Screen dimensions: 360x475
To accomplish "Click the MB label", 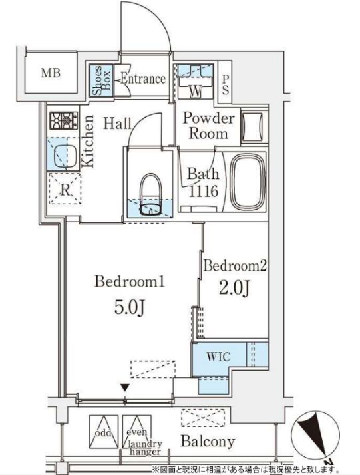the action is pos(51,73).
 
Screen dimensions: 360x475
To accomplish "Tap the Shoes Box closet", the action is pos(102,80).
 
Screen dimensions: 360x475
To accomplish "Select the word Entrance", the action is pos(143,79).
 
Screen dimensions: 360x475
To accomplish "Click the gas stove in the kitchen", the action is pos(64,120).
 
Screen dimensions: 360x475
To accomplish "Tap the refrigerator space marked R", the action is pos(65,189).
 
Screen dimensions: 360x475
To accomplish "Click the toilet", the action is pos(150,194).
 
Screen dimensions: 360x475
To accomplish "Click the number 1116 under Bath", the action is pos(203,191).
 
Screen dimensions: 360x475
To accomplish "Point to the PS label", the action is pos(225,85).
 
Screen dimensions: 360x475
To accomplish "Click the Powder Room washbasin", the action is pos(252,127).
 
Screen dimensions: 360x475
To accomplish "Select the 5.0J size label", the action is pos(130,308).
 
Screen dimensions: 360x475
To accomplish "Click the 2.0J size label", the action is pos(234,288).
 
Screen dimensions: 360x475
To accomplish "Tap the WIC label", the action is pos(218,357).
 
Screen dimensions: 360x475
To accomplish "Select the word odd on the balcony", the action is pos(103,433).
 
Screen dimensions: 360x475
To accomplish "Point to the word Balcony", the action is pos(208,441).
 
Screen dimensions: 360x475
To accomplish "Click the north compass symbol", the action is pos(315,437).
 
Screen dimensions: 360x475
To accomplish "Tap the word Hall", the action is pos(117,123).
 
